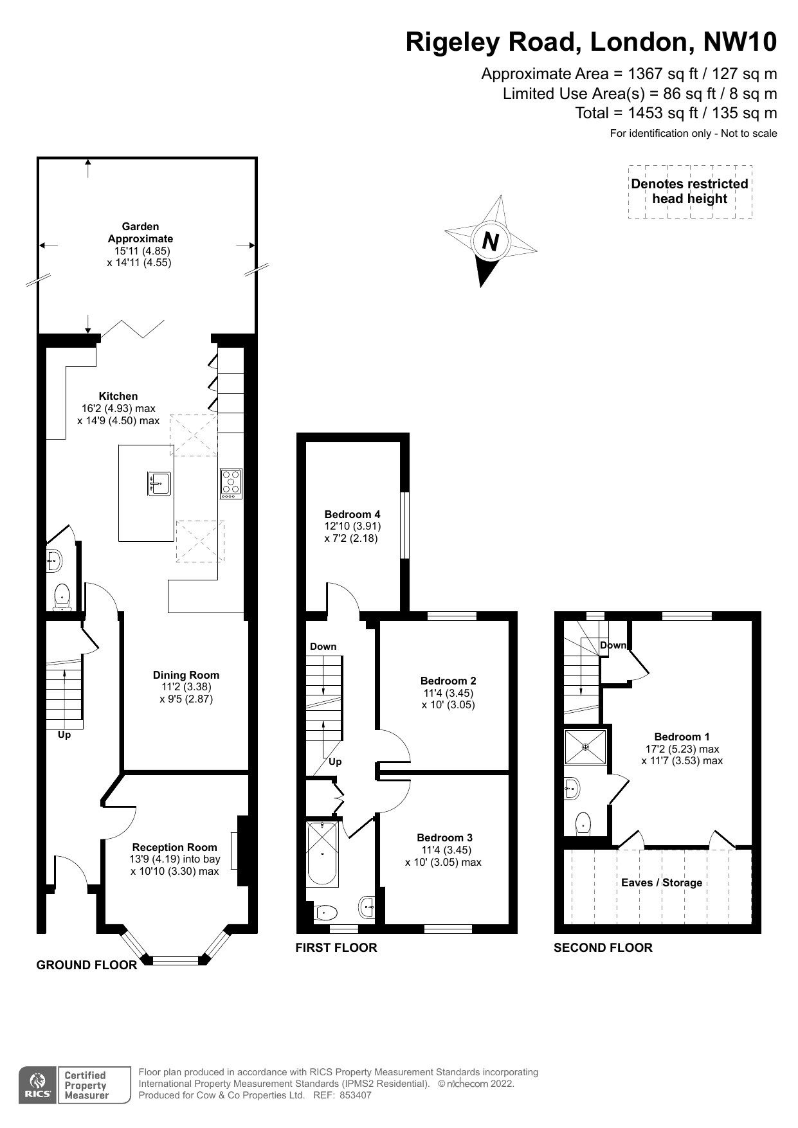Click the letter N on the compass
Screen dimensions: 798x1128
pyautogui.click(x=491, y=241)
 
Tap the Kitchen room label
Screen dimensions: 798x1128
pyautogui.click(x=118, y=396)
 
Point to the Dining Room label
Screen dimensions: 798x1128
pyautogui.click(x=186, y=675)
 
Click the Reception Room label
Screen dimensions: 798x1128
pyautogui.click(x=175, y=847)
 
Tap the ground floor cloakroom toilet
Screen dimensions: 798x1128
pyautogui.click(x=62, y=596)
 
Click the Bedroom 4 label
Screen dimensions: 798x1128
pyautogui.click(x=352, y=514)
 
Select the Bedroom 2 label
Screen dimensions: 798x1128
pyautogui.click(x=448, y=681)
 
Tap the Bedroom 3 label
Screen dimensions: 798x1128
pyautogui.click(x=444, y=837)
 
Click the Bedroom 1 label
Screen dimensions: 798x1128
pyautogui.click(x=682, y=737)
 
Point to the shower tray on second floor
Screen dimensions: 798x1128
pyautogui.click(x=585, y=747)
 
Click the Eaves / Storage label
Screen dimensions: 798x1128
pyautogui.click(x=662, y=882)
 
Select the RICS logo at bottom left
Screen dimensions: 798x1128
pyautogui.click(x=37, y=1086)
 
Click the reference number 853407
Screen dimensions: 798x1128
pyautogui.click(x=356, y=1095)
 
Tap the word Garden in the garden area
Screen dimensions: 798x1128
pyautogui.click(x=140, y=226)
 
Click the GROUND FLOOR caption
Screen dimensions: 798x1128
pyautogui.click(x=87, y=965)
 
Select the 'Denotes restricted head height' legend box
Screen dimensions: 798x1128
pyautogui.click(x=690, y=192)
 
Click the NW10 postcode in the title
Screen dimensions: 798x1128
pyautogui.click(x=740, y=42)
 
